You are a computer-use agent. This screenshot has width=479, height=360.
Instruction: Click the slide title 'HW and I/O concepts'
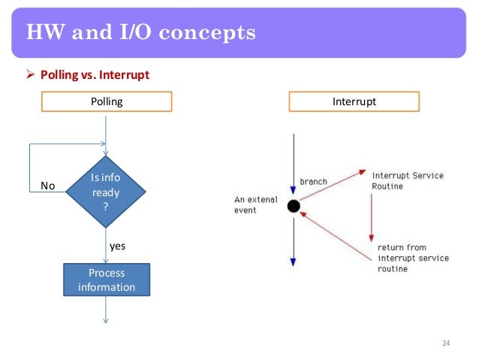[140, 33]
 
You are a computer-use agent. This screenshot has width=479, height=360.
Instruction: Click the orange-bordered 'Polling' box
[106, 101]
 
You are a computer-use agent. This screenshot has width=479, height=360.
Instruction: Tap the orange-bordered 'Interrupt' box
[354, 101]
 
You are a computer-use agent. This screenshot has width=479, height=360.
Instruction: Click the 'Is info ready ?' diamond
[105, 192]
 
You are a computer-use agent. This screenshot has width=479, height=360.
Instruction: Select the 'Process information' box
[106, 280]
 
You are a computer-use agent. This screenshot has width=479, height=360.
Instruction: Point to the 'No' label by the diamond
[47, 186]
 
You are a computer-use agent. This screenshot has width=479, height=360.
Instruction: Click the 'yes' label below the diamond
[118, 245]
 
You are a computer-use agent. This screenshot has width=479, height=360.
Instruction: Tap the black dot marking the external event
[294, 205]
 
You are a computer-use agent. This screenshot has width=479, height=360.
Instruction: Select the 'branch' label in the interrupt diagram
[313, 182]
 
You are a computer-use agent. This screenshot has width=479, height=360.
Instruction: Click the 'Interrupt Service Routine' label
[407, 180]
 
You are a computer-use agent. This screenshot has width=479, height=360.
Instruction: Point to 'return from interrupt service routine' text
[412, 258]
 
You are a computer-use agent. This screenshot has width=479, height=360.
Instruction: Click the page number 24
[445, 343]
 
